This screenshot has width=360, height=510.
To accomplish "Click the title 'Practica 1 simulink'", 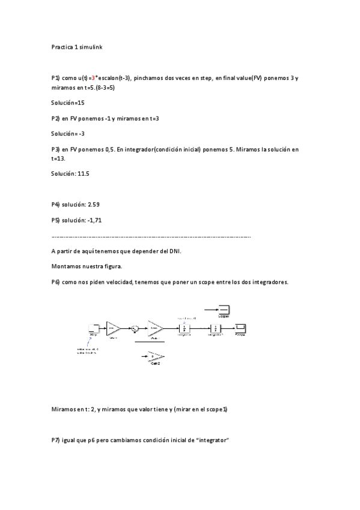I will [x=77, y=46].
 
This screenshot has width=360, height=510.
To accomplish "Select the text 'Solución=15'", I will [x=68, y=103].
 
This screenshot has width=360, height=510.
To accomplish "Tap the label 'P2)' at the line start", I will [x=56, y=118].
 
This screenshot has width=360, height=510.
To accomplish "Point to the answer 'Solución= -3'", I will [x=68, y=134].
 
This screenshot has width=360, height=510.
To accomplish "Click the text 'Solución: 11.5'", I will [x=70, y=173].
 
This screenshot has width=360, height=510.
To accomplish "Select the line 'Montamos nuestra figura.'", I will [x=87, y=266].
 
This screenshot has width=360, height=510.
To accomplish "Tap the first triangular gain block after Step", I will [x=113, y=328].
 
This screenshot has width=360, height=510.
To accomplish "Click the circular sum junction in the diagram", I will [x=135, y=328].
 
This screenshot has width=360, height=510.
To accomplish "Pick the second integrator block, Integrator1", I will [x=216, y=328].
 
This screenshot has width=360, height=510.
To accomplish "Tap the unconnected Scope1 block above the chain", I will [x=224, y=310].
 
